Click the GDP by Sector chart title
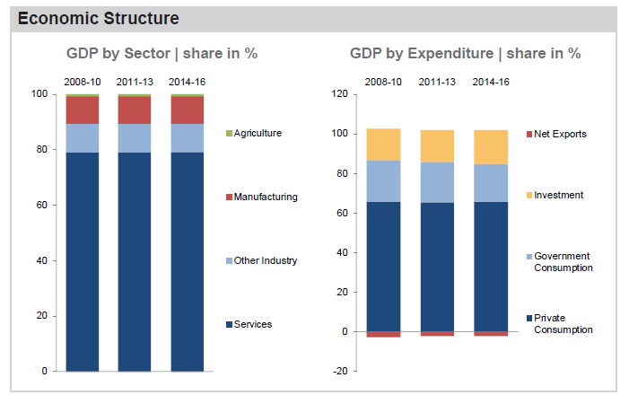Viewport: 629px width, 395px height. point(162,53)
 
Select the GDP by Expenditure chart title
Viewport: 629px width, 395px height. point(465,53)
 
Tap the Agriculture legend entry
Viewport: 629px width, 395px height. point(257,133)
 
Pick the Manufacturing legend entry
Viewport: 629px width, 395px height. point(265,197)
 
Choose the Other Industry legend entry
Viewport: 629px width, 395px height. point(265,260)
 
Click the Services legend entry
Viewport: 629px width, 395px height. point(252,324)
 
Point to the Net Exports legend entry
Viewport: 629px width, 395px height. point(559,134)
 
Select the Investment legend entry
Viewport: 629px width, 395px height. point(558,195)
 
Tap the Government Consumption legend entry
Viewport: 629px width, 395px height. point(563,261)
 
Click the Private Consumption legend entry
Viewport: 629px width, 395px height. point(563,323)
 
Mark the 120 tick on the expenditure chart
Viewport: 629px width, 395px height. point(339,93)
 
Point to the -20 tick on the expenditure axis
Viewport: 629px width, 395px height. point(339,371)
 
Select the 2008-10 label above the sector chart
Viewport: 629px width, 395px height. point(81,83)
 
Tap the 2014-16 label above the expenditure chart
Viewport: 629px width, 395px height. point(492,83)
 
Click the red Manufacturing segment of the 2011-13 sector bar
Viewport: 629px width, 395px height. point(135,110)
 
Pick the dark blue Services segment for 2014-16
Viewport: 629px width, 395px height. point(188,260)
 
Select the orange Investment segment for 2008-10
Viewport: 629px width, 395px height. point(383,145)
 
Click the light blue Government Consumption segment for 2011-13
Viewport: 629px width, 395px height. point(437,182)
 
